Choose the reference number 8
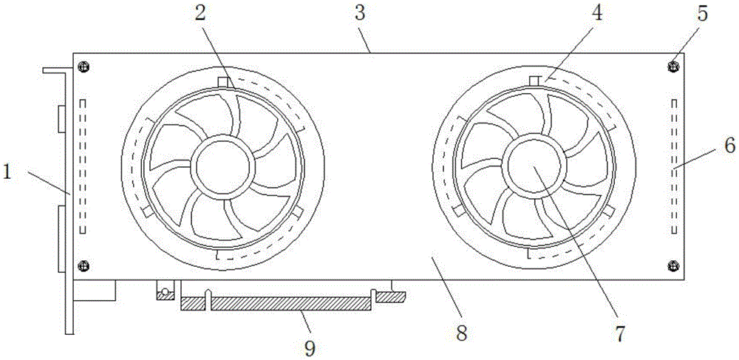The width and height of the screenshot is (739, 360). pos(462,333)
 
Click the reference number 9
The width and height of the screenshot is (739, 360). pos(310,346)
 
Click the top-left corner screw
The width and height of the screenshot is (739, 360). pos(85,67)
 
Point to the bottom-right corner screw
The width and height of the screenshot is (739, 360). pos(672,265)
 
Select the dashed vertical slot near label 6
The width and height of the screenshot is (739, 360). pos(673,166)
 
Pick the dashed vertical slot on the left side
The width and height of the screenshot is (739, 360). pos(83,166)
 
